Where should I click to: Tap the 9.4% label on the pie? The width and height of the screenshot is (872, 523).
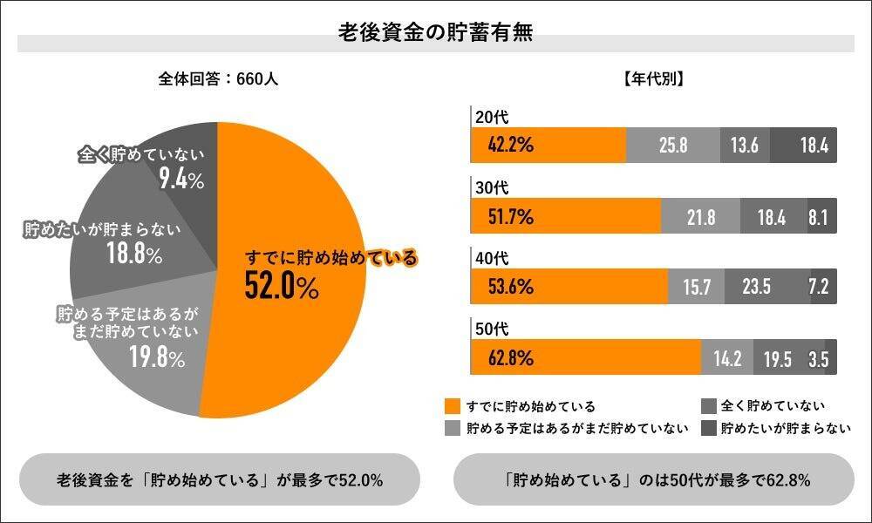pos(181,180)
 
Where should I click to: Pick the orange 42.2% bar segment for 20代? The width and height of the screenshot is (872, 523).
pos(548,145)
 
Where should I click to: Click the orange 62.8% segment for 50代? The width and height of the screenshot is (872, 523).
pos(586,357)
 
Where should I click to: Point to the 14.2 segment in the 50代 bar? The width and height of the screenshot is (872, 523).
pos(726,357)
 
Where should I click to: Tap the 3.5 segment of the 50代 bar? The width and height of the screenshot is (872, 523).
pos(819,357)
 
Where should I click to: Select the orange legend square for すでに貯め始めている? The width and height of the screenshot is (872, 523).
pos(452,406)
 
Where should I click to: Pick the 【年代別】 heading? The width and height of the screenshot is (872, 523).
pos(653,78)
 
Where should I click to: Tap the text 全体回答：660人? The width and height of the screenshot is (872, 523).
pos(218,78)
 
